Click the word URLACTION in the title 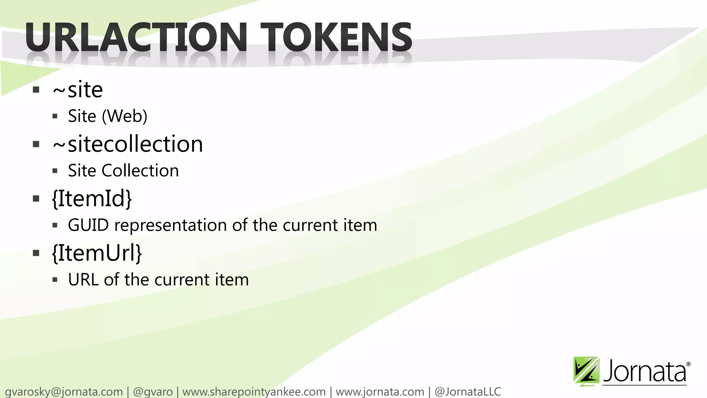(136, 37)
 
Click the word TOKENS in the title (336, 37)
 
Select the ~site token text (78, 90)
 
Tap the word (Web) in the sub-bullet (125, 116)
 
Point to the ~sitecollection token (128, 144)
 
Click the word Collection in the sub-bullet (140, 171)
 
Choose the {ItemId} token (92, 199)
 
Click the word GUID (88, 225)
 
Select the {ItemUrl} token (97, 253)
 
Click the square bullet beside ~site (36, 90)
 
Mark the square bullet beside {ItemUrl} (36, 253)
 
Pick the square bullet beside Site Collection (55, 171)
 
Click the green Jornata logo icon (586, 371)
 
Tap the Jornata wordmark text (645, 372)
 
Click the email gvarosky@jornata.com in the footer (64, 392)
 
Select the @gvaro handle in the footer (153, 392)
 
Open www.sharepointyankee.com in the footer (254, 392)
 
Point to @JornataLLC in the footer (467, 392)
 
